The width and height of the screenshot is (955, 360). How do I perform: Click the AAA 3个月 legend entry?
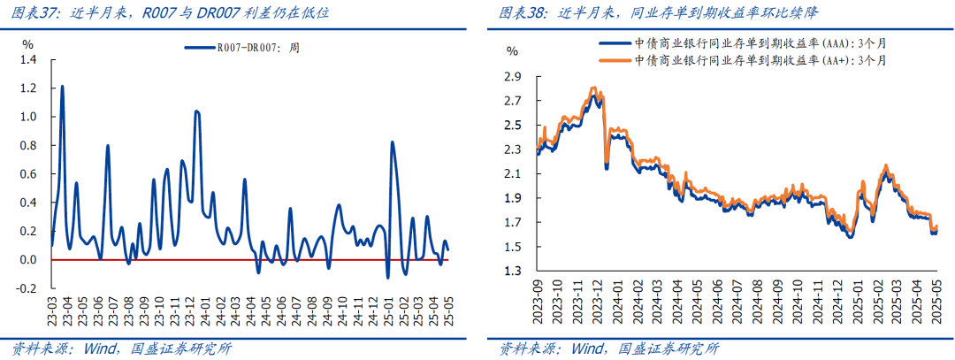click(x=757, y=42)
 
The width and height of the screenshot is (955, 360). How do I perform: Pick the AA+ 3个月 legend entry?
click(x=757, y=60)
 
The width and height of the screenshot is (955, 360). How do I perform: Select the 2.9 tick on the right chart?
click(x=513, y=77)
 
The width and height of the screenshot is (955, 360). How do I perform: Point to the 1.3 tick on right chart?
click(x=513, y=272)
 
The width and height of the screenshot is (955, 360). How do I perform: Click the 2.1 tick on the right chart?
click(x=513, y=174)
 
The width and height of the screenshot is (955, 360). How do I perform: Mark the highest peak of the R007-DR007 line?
click(x=62, y=87)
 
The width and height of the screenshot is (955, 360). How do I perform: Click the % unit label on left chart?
click(x=27, y=43)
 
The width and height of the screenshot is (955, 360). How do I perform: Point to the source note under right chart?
click(x=609, y=348)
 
